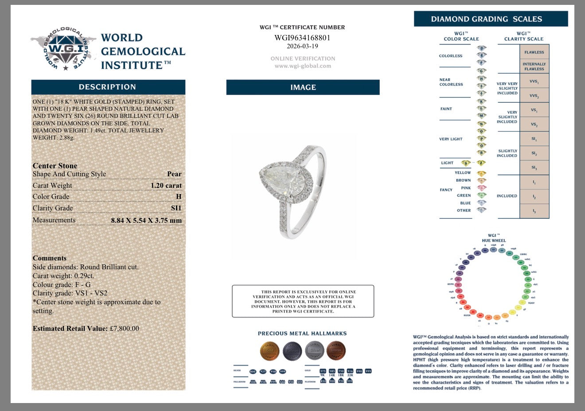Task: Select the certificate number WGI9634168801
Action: pyautogui.click(x=303, y=38)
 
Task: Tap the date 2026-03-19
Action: pyautogui.click(x=303, y=46)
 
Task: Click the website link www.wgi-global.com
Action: pyautogui.click(x=303, y=66)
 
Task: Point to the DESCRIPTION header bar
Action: pyautogui.click(x=108, y=87)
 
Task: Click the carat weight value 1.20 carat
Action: pyautogui.click(x=166, y=186)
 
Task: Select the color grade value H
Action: pyautogui.click(x=179, y=197)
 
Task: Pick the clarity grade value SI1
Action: pyautogui.click(x=176, y=208)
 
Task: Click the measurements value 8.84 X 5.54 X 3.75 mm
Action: pyautogui.click(x=146, y=220)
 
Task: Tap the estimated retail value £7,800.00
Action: pyautogui.click(x=124, y=329)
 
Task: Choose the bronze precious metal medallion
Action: pyautogui.click(x=336, y=350)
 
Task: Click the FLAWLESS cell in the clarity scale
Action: pyautogui.click(x=534, y=52)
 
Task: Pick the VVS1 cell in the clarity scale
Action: pyautogui.click(x=534, y=81)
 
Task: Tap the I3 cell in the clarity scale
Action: pyautogui.click(x=534, y=211)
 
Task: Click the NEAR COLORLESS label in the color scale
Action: pyautogui.click(x=451, y=82)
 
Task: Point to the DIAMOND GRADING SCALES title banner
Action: pyautogui.click(x=491, y=19)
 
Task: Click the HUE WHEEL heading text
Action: pyautogui.click(x=494, y=240)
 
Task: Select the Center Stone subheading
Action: pyautogui.click(x=55, y=166)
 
